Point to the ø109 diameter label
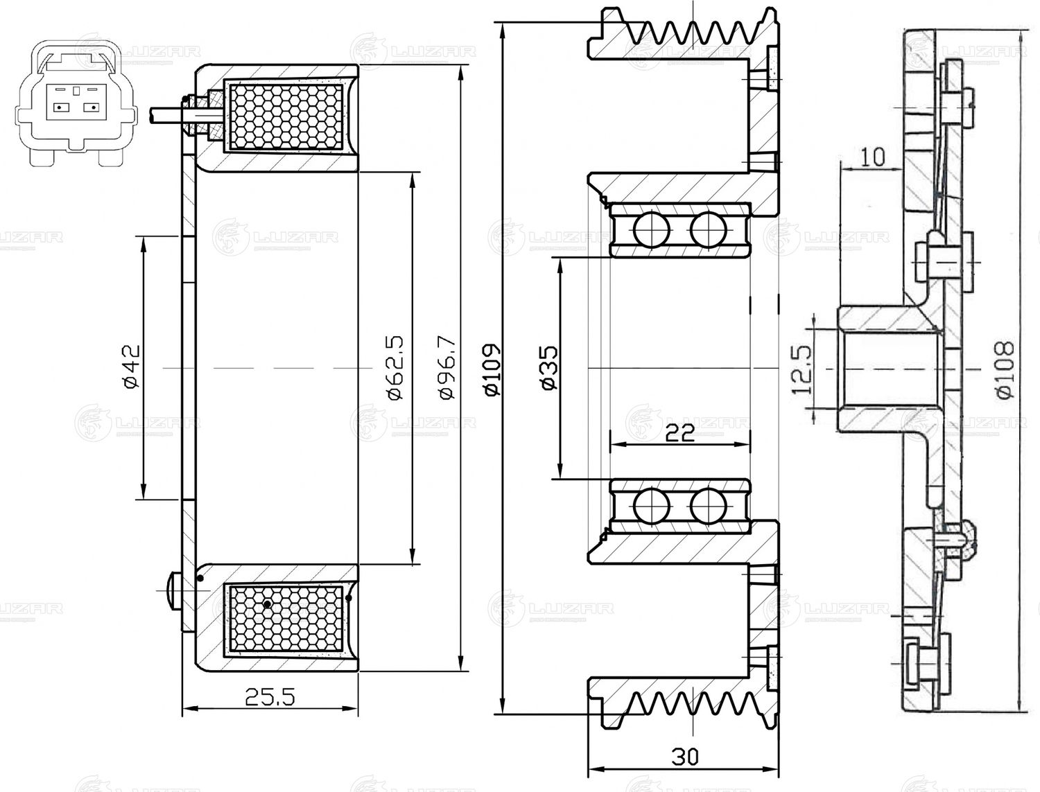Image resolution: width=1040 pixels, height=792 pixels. coord(492,369)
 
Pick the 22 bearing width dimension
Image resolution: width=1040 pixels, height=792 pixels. coord(679,433)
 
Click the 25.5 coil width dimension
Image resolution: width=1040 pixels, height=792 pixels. coord(270,696)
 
